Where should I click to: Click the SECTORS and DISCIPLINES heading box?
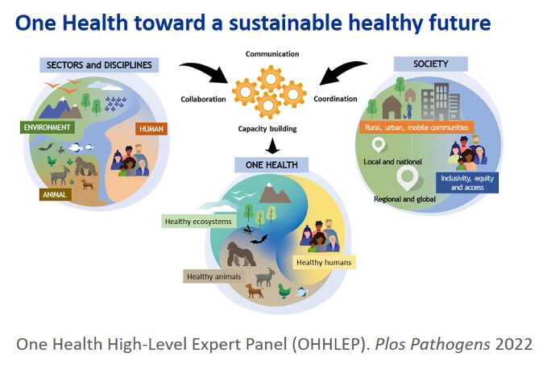[99, 65]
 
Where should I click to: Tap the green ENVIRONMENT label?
[47, 127]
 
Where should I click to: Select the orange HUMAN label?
[151, 129]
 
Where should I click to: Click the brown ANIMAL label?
[55, 195]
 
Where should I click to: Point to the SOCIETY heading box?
[430, 64]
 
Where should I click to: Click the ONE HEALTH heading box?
[271, 165]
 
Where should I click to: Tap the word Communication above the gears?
[272, 54]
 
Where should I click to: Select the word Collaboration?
[203, 99]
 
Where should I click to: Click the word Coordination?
[335, 99]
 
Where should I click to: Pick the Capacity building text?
[267, 129]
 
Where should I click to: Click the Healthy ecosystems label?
[198, 222]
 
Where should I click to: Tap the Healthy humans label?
[324, 263]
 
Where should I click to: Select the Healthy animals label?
[213, 276]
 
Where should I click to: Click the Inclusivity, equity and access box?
[467, 183]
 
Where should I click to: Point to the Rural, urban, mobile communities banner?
[416, 127]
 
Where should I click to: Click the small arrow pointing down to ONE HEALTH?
[272, 146]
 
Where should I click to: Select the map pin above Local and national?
[378, 145]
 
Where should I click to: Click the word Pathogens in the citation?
[450, 344]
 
